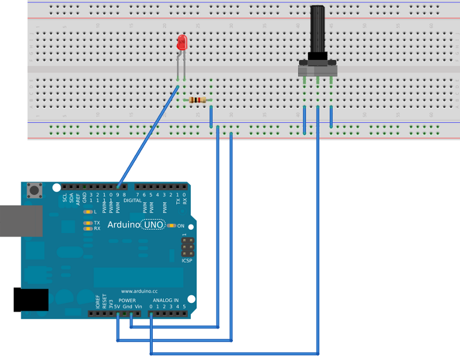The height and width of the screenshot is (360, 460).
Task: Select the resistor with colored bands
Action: [198, 100]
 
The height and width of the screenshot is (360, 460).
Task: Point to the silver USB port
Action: [20, 220]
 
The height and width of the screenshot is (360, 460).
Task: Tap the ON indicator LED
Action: [171, 226]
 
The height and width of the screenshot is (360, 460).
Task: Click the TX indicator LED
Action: [88, 223]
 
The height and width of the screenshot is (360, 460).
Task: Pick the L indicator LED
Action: [88, 212]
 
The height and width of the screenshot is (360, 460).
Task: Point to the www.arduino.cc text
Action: [139, 291]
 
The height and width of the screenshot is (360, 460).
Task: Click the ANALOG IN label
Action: [165, 301]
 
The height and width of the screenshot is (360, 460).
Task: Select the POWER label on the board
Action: [127, 301]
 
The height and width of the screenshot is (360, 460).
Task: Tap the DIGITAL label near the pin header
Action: [133, 200]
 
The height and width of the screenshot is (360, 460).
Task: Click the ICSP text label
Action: [187, 261]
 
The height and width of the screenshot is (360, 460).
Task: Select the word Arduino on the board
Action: [125, 225]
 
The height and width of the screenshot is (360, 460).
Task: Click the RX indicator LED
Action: [88, 228]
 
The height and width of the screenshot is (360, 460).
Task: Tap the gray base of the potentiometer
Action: [317, 69]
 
